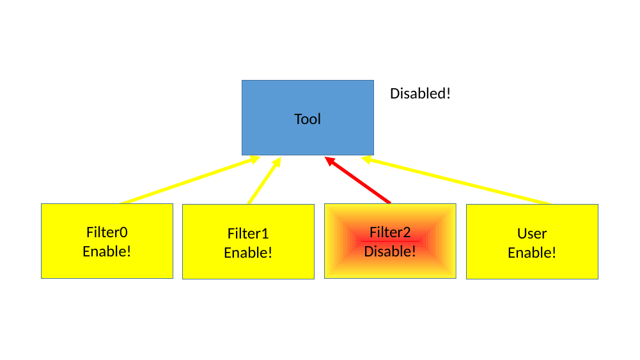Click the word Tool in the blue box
308,119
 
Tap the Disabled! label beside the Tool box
420,93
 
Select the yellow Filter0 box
107,265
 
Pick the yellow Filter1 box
248,267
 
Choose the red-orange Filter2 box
390,267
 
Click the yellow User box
532,267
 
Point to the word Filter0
107,232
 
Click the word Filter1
248,233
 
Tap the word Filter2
390,232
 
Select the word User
532,233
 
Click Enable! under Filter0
107,251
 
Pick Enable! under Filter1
248,253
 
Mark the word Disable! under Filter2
390,251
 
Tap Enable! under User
532,253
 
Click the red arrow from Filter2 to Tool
360,182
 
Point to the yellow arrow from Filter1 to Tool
263,182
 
